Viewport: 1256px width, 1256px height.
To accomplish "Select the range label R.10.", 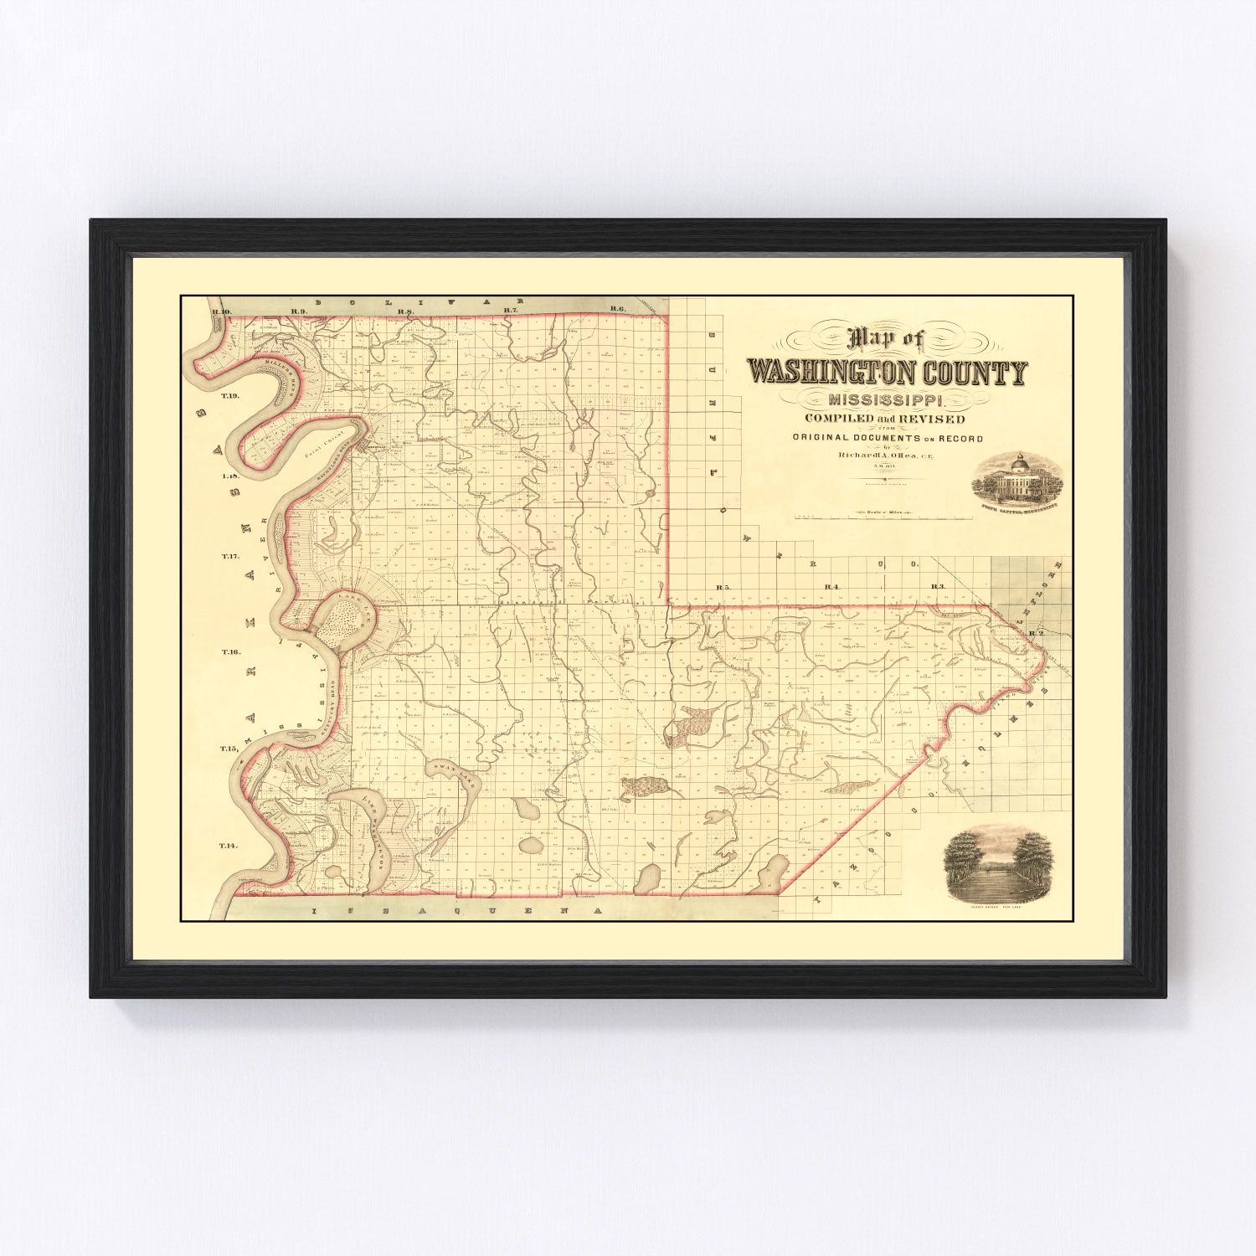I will pyautogui.click(x=222, y=312).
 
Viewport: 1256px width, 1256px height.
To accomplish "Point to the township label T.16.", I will pyautogui.click(x=230, y=651).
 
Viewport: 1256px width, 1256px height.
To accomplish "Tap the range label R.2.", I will pyautogui.click(x=1036, y=633).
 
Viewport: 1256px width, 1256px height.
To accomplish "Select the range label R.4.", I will pyautogui.click(x=831, y=587).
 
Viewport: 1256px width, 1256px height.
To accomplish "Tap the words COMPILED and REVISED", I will pyautogui.click(x=883, y=420).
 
